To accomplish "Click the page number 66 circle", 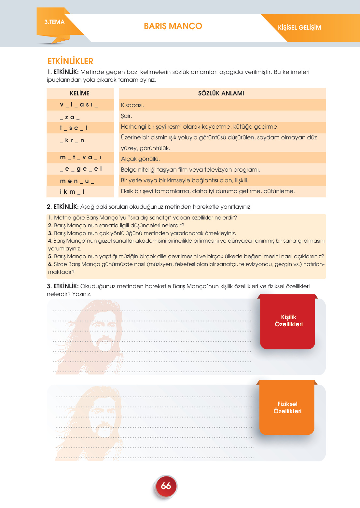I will (x=166, y=486).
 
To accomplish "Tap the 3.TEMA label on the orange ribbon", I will (x=54, y=22).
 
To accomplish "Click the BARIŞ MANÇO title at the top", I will (x=173, y=26).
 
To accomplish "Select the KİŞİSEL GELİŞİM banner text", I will (x=299, y=28).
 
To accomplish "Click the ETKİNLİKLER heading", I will (x=70, y=61).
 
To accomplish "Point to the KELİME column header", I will (x=79, y=93).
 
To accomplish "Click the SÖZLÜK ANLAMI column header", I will (x=221, y=93).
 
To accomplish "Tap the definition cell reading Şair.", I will (x=126, y=116).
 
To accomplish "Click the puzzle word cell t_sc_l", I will (x=74, y=128).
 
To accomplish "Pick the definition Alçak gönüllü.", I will (x=140, y=159).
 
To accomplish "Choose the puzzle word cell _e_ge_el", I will (x=81, y=169).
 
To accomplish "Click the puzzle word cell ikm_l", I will (x=72, y=192).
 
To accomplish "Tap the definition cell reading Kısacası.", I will (x=132, y=105).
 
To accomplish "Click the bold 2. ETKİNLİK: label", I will (x=63, y=207).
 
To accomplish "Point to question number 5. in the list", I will (x=50, y=256).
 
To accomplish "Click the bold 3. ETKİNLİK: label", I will (x=63, y=286).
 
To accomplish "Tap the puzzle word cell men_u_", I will (x=77, y=181).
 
